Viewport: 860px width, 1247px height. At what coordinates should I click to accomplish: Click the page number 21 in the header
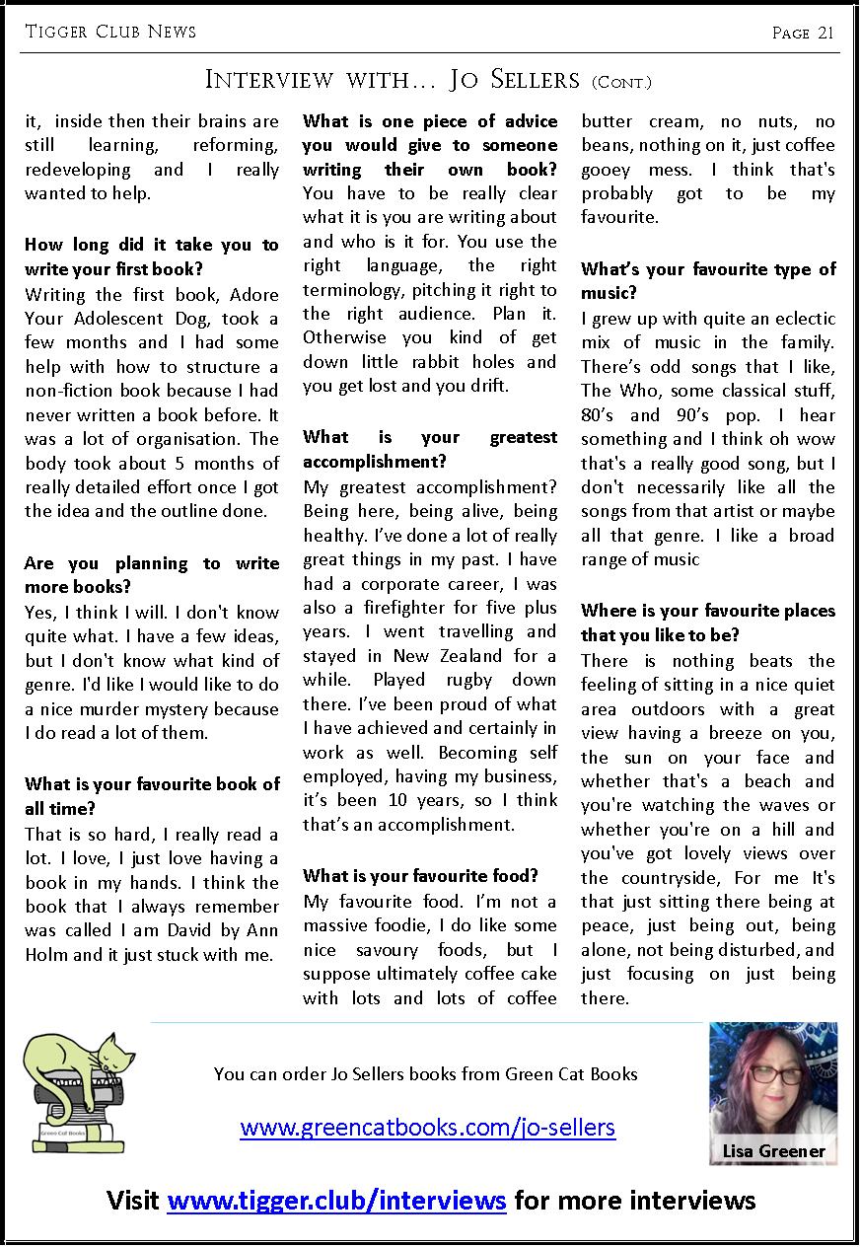coord(825,33)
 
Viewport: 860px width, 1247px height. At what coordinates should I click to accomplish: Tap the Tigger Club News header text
coord(110,32)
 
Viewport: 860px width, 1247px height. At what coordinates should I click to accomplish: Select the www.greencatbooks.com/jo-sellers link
coord(428,1127)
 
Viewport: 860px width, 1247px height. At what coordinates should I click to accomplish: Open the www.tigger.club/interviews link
coord(336,1201)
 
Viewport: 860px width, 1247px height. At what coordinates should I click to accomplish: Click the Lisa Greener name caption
coord(773,1151)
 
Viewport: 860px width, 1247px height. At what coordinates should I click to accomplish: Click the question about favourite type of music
coord(708,281)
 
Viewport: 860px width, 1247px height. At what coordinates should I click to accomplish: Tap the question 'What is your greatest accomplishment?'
coord(430,449)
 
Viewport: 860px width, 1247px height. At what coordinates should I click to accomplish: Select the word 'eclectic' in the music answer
coord(796,319)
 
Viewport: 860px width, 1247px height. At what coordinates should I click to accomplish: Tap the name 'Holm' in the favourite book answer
coord(47,954)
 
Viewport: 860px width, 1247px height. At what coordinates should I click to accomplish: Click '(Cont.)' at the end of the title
coord(622,83)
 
